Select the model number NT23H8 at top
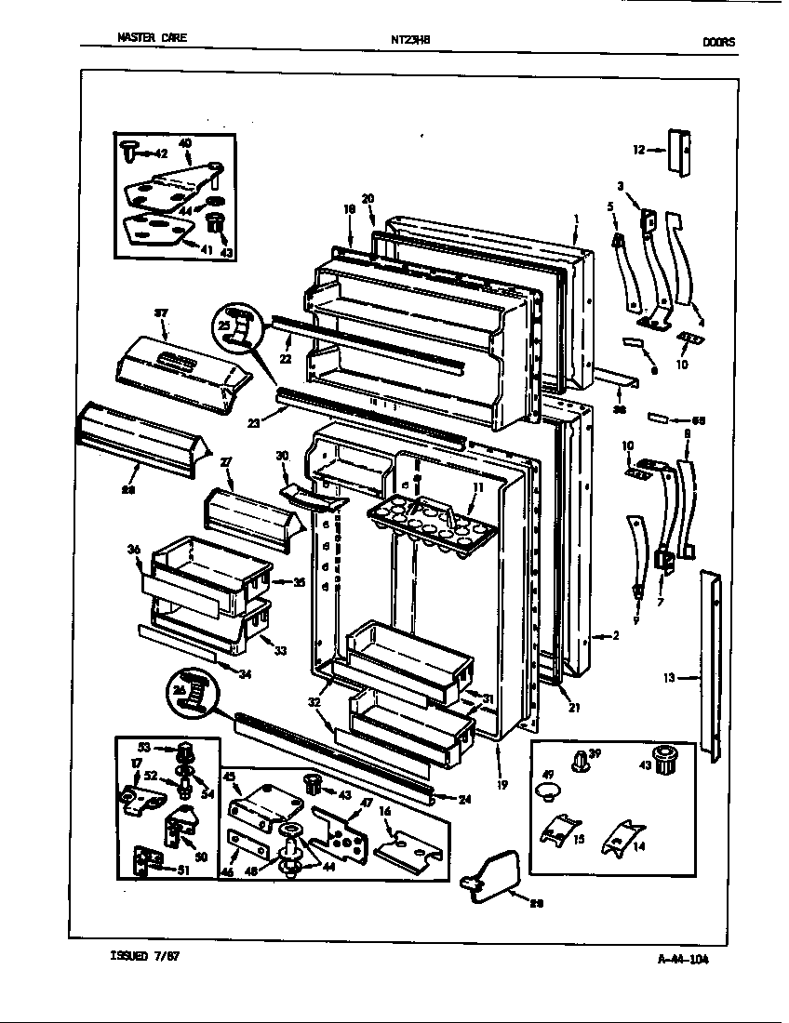coord(410,40)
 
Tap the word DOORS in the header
coord(718,41)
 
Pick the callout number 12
coord(639,149)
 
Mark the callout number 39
coord(595,753)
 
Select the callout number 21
coord(574,707)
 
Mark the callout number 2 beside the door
coord(615,636)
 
